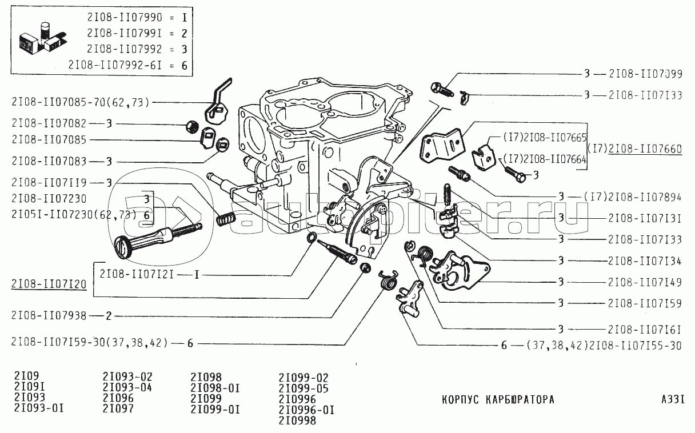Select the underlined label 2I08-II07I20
(x=49, y=284)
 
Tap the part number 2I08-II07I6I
(x=645, y=329)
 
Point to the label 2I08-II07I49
(x=645, y=282)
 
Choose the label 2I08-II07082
(x=49, y=123)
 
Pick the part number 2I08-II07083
(x=49, y=162)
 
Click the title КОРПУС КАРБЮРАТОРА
(x=498, y=399)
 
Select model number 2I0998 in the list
(x=297, y=421)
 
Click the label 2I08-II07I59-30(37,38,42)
(x=89, y=343)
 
